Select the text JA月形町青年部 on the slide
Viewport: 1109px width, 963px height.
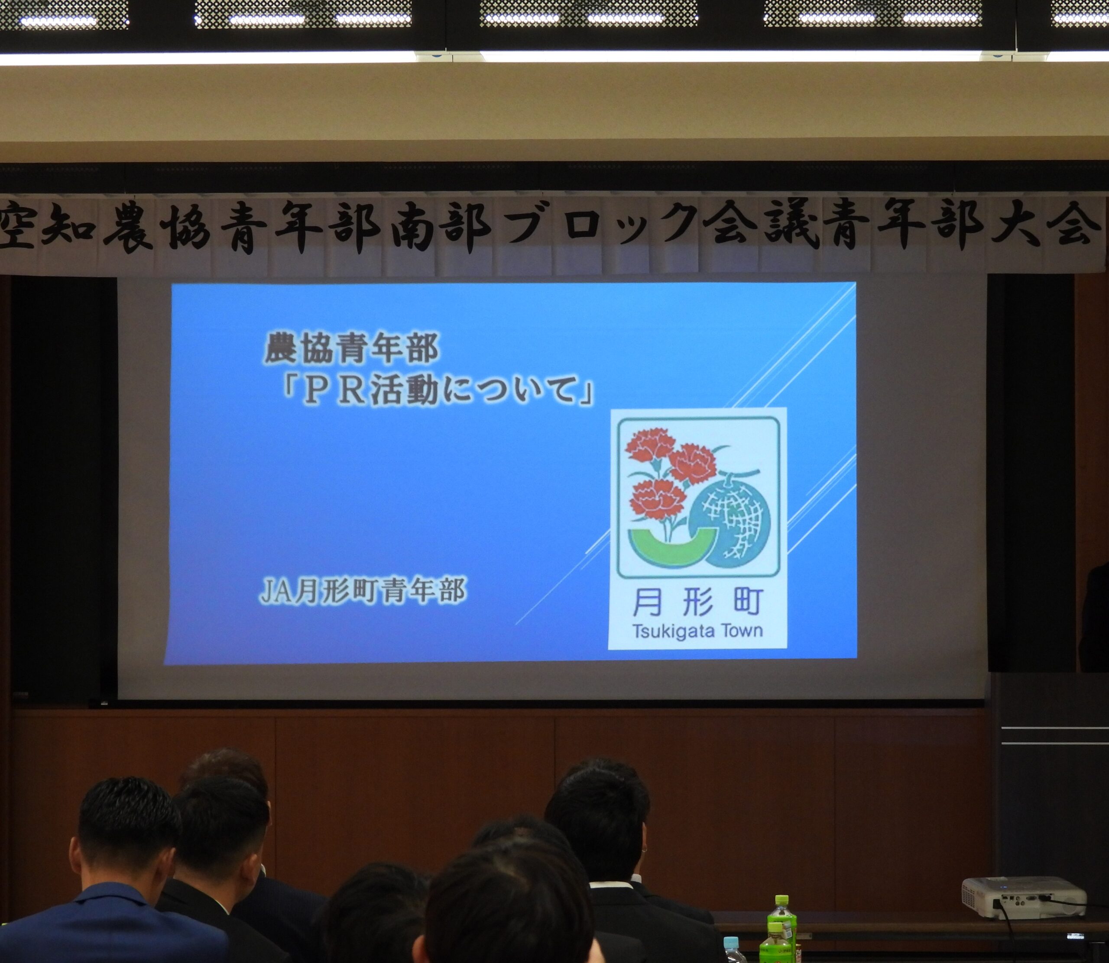coord(363,591)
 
